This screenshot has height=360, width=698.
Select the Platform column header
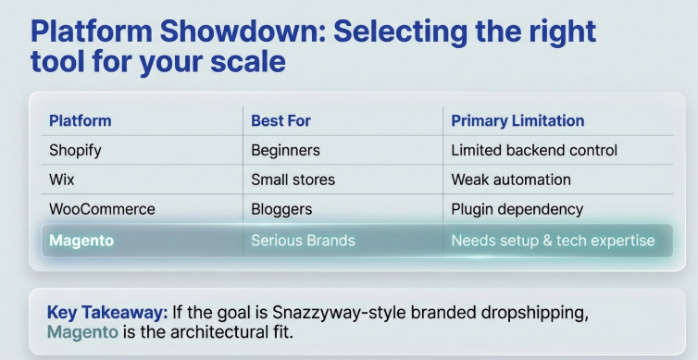80,120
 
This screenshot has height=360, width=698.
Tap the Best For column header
280,120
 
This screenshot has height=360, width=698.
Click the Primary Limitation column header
517,120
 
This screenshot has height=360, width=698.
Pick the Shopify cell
75,150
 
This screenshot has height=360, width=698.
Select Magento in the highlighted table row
81,241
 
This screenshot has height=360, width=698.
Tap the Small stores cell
293,180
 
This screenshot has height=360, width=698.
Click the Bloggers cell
281,209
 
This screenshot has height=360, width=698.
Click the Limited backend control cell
534,150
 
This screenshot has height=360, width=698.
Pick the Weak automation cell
511,180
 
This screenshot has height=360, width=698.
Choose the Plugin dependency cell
517,209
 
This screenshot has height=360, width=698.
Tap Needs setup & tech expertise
553,241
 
